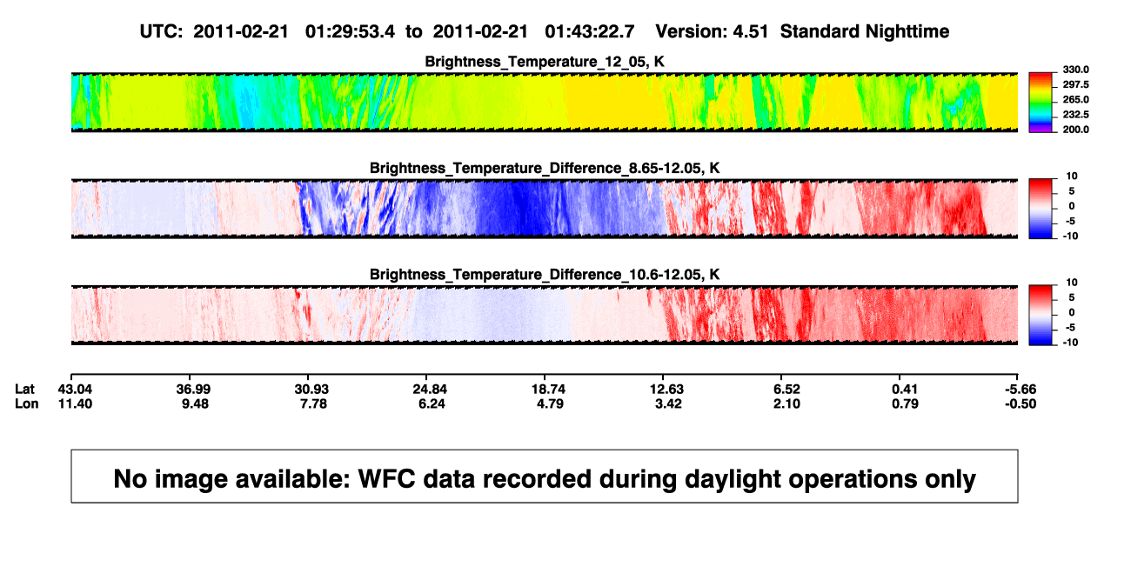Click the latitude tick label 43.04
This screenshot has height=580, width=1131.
pyautogui.click(x=75, y=390)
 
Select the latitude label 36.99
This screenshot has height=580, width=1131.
pyautogui.click(x=193, y=390)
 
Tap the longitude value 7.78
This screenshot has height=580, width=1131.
pyautogui.click(x=313, y=403)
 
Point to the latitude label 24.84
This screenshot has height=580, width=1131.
pyautogui.click(x=430, y=390)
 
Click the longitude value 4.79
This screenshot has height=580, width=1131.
pyautogui.click(x=550, y=403)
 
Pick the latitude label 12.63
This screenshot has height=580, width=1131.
pyautogui.click(x=666, y=390)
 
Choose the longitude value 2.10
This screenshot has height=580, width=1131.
pyautogui.click(x=786, y=403)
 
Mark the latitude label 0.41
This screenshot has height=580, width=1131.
pyautogui.click(x=905, y=390)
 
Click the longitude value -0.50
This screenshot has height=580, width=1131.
pyautogui.click(x=1021, y=403)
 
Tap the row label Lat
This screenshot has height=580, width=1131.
pyautogui.click(x=24, y=390)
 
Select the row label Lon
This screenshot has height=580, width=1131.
pyautogui.click(x=27, y=403)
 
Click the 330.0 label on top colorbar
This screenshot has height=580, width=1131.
pyautogui.click(x=1075, y=70)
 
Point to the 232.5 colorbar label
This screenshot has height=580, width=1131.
pyautogui.click(x=1075, y=115)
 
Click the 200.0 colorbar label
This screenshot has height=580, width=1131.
pyautogui.click(x=1075, y=130)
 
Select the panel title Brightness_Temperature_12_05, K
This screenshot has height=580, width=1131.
pyautogui.click(x=545, y=62)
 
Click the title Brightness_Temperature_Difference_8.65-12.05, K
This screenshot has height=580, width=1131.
pyautogui.click(x=545, y=168)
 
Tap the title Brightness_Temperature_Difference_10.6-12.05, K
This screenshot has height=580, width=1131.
pyautogui.click(x=545, y=275)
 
